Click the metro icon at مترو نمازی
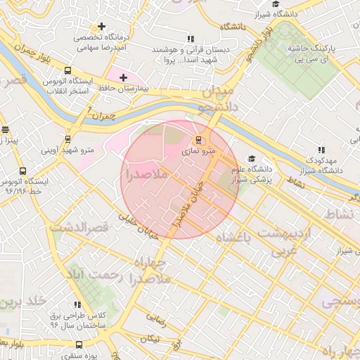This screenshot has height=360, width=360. (198, 139)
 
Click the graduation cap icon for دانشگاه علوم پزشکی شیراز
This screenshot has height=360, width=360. (252, 160)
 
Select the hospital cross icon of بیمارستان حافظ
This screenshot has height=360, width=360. (124, 77)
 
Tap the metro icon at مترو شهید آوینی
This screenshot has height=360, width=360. (67, 139)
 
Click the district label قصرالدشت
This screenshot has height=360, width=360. (77, 228)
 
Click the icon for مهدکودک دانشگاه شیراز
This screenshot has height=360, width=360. (321, 150)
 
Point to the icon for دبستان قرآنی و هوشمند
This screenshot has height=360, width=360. (189, 39)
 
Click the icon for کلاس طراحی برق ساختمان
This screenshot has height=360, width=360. (77, 304)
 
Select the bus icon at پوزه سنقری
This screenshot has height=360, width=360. (78, 345)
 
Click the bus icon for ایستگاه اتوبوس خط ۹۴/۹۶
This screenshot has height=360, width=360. (22, 171)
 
